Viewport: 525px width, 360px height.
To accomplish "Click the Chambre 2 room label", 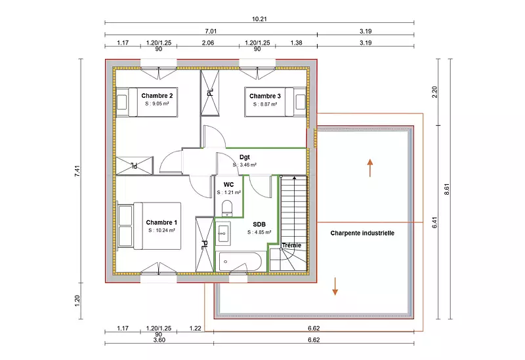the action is pyautogui.click(x=157, y=96).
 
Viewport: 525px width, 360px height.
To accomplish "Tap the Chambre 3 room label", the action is pyautogui.click(x=265, y=96).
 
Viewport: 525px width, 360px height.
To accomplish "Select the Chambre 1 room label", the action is pyautogui.click(x=161, y=222).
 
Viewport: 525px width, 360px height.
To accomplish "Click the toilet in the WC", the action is pyautogui.click(x=227, y=208).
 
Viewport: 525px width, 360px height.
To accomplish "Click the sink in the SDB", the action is pyautogui.click(x=223, y=233).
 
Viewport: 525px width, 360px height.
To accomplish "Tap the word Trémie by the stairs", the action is pyautogui.click(x=291, y=245).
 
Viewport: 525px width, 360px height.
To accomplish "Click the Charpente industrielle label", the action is pyautogui.click(x=362, y=233).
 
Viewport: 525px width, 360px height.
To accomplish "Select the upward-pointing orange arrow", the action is pyautogui.click(x=370, y=168).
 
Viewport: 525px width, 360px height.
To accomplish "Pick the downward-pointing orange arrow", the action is pyautogui.click(x=335, y=287).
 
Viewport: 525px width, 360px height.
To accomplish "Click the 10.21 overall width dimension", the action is pyautogui.click(x=259, y=19).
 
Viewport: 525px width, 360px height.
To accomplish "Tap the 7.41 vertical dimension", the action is pyautogui.click(x=77, y=170).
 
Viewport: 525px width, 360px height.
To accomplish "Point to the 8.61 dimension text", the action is pyautogui.click(x=447, y=190).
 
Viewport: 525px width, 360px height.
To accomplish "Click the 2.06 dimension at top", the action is pyautogui.click(x=208, y=43).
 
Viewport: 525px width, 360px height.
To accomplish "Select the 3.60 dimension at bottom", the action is pyautogui.click(x=159, y=340).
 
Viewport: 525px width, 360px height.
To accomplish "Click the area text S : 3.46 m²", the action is pyautogui.click(x=245, y=165).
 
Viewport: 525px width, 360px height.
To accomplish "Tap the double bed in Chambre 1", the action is pyautogui.click(x=150, y=226).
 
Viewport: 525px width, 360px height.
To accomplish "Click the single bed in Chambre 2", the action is pyautogui.click(x=146, y=102).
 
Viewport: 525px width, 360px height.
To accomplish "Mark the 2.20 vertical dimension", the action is pyautogui.click(x=434, y=92).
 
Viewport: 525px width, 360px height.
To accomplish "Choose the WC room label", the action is pyautogui.click(x=228, y=185).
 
